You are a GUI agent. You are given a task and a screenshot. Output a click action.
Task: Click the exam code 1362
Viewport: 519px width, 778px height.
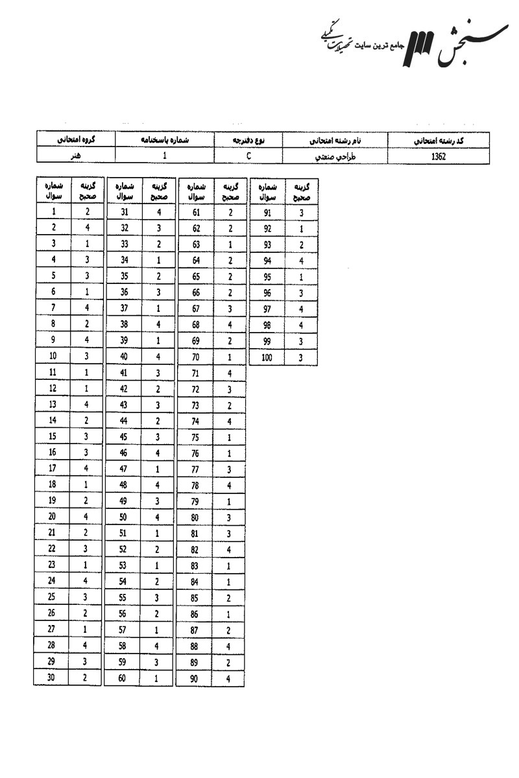[438, 156]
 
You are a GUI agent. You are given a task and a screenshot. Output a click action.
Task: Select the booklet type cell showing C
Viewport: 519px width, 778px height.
[249, 156]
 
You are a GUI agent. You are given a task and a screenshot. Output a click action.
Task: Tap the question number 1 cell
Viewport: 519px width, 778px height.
[53, 211]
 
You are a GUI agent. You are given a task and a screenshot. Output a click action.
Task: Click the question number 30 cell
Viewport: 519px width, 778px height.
[53, 678]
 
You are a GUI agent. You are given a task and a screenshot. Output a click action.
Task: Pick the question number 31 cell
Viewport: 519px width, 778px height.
[125, 211]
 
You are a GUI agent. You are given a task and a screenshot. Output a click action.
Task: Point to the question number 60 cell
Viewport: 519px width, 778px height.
[125, 678]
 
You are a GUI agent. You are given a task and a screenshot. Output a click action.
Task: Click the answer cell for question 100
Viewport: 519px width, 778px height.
[301, 357]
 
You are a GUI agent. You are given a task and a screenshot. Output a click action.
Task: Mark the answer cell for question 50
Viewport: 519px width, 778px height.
[158, 517]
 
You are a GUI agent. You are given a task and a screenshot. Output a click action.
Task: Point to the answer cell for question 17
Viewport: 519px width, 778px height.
[87, 469]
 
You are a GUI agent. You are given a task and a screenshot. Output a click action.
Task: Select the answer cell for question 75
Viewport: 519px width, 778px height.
[229, 437]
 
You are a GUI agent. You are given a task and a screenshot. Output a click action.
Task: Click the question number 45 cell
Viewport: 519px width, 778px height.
[125, 436]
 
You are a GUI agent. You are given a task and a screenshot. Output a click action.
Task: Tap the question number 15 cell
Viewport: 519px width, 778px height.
[53, 436]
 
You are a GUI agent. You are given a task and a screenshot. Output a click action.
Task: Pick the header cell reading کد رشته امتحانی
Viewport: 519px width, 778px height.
[438, 139]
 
